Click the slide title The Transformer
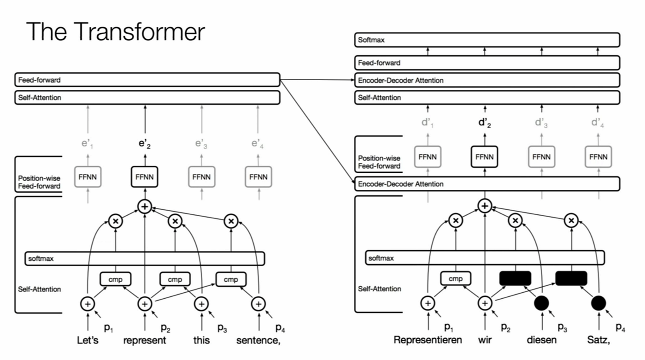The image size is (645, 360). pyautogui.click(x=115, y=32)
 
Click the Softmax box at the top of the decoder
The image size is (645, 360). pyautogui.click(x=487, y=40)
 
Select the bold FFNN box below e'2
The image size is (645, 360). pyautogui.click(x=145, y=177)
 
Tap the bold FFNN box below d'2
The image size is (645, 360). pyautogui.click(x=484, y=157)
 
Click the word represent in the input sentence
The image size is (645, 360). pyautogui.click(x=145, y=341)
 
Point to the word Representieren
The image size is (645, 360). pyautogui.click(x=428, y=340)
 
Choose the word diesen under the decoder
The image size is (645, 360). pyautogui.click(x=542, y=340)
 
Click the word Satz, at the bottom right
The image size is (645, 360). pyautogui.click(x=598, y=340)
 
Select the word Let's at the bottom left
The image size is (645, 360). pyautogui.click(x=88, y=341)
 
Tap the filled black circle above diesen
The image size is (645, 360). pyautogui.click(x=542, y=303)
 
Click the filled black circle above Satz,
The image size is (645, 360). pyautogui.click(x=598, y=303)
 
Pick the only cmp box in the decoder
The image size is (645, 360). pyautogui.click(x=456, y=278)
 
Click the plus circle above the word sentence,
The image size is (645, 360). pyautogui.click(x=258, y=304)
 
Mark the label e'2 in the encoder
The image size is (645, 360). pyautogui.click(x=145, y=144)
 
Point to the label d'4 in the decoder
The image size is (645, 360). pyautogui.click(x=598, y=123)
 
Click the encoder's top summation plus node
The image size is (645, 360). pyautogui.click(x=145, y=207)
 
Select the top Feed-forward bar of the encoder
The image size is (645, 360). pyautogui.click(x=147, y=80)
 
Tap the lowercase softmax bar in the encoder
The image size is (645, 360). pyautogui.click(x=145, y=259)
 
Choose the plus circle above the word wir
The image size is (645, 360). pyautogui.click(x=485, y=303)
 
